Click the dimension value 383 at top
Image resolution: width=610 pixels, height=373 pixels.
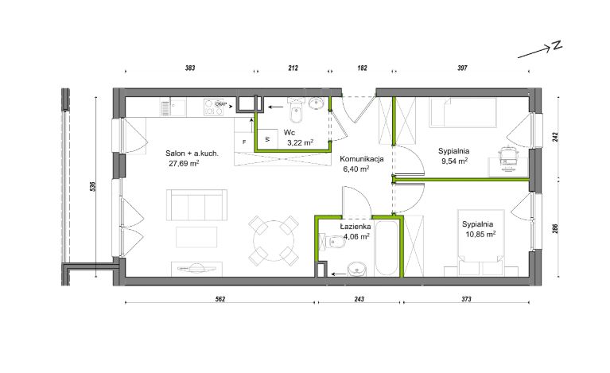(x=190, y=68)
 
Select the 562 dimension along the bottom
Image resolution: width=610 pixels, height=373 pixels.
(x=220, y=299)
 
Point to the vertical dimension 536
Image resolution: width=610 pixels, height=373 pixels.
(x=92, y=187)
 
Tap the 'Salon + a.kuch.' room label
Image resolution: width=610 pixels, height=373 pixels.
(x=192, y=153)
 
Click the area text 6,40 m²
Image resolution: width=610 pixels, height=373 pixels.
(x=356, y=169)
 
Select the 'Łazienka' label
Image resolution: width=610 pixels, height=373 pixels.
(x=356, y=227)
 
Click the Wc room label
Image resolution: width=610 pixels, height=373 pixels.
(x=289, y=133)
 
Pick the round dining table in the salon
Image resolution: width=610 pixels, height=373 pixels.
(x=274, y=240)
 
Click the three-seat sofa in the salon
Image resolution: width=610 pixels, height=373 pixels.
(x=196, y=205)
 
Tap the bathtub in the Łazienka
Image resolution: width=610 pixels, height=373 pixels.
(x=387, y=249)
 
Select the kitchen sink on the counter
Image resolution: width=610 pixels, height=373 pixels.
(x=173, y=107)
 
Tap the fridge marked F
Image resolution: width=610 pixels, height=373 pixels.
(x=244, y=142)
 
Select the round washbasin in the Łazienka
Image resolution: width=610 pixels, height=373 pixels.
(x=357, y=269)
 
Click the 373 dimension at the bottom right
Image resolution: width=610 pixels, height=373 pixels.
(x=467, y=299)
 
